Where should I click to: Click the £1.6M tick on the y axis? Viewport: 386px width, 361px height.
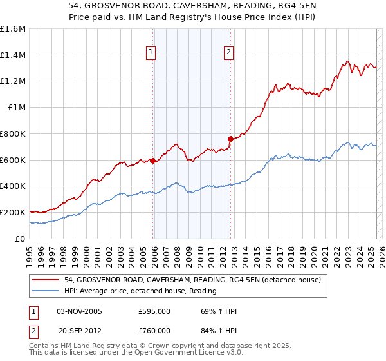coord(14,29)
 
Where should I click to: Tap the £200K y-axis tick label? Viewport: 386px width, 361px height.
coord(13,212)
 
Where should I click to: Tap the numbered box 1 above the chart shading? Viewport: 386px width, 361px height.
coord(151,53)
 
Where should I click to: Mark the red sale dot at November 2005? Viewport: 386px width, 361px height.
coord(152,161)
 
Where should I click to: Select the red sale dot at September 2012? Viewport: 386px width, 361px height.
coord(230,138)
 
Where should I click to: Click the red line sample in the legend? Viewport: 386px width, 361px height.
coord(46,279)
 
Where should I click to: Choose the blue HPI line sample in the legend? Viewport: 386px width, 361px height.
coord(46,291)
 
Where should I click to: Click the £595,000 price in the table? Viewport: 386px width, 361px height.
coord(154,312)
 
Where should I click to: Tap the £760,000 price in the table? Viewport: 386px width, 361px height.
coord(154,330)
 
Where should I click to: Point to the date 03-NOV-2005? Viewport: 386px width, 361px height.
coord(80,312)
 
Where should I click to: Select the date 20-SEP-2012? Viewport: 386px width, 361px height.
coord(80,330)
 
